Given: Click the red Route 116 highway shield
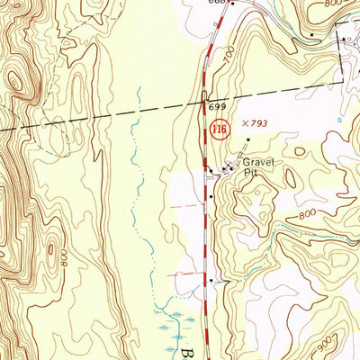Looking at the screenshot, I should tap(219, 131).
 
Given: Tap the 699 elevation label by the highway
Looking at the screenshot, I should tap(216, 107).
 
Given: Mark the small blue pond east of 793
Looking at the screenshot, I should tap(339, 120).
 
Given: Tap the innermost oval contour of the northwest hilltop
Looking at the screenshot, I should tap(15, 79).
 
